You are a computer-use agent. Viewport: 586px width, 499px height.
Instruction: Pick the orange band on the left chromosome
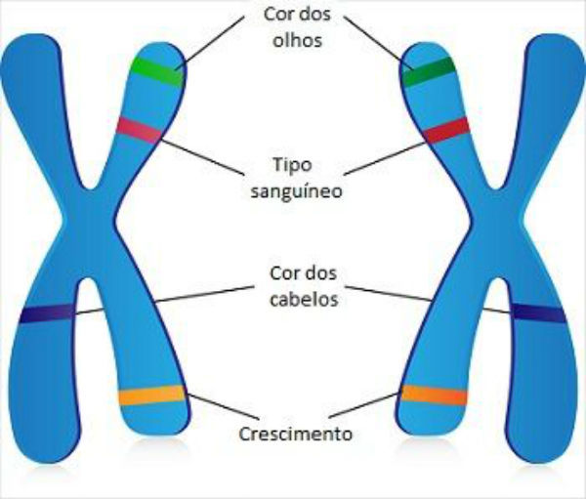tap(150, 395)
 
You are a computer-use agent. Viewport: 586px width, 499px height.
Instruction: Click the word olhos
tap(294, 42)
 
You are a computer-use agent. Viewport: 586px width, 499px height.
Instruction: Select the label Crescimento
tap(295, 432)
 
